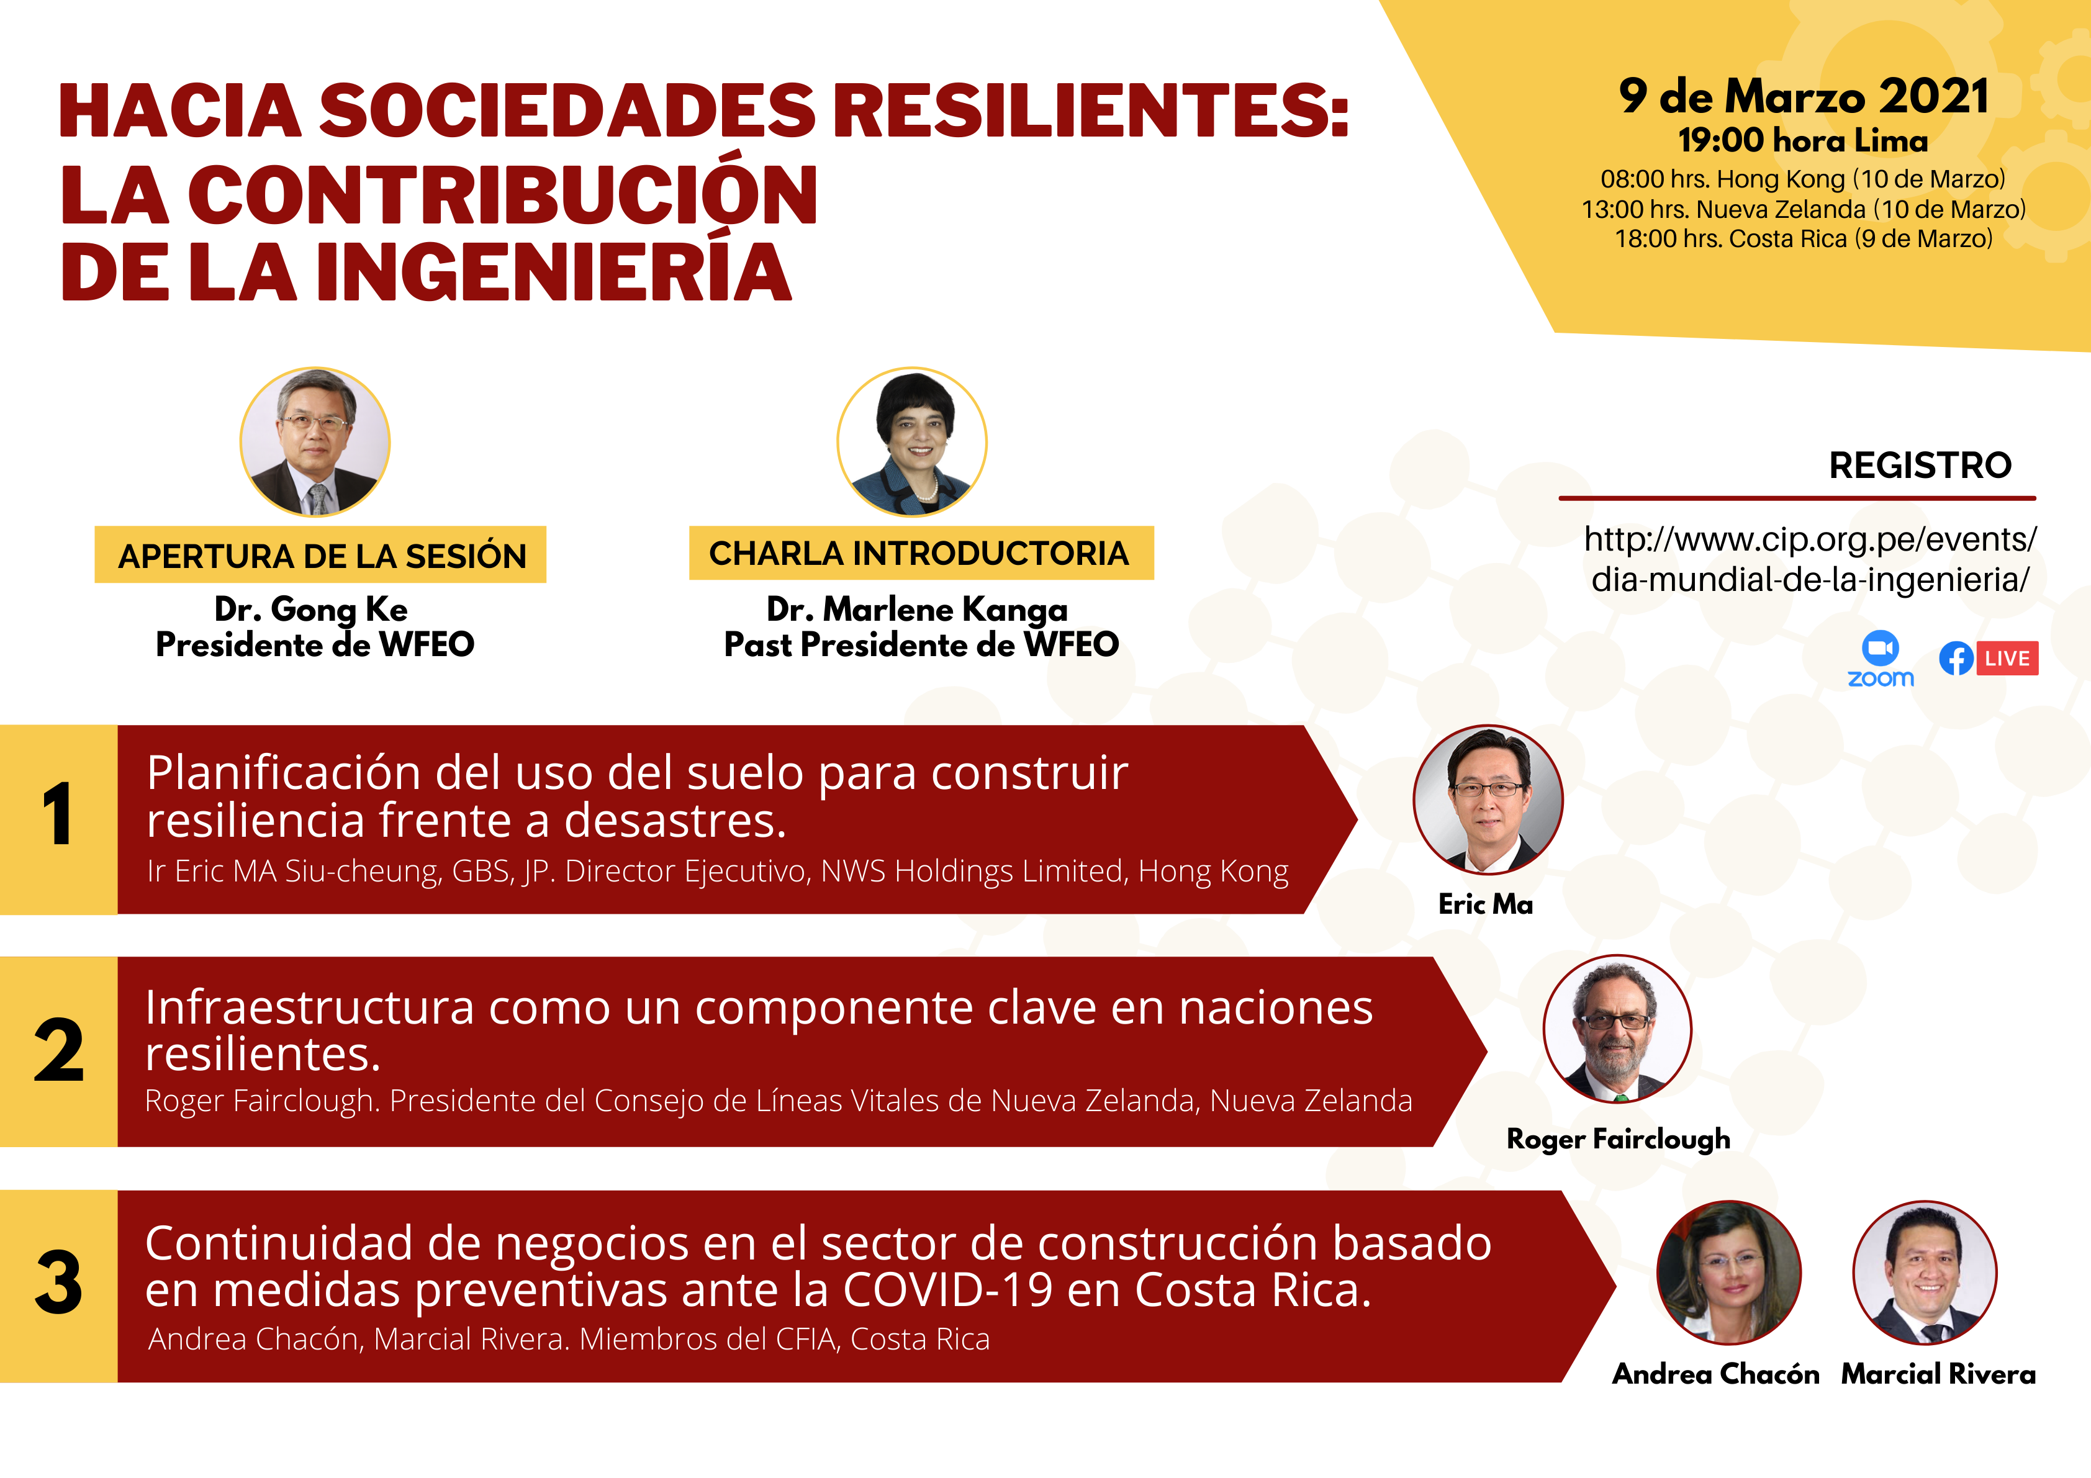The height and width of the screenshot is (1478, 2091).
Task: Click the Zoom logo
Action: point(1881,659)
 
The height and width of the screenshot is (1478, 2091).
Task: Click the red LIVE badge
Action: point(2007,659)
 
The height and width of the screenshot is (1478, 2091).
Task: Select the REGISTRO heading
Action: point(1920,466)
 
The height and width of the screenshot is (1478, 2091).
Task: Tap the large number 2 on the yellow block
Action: point(58,1050)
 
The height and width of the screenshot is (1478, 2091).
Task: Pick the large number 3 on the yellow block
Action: point(58,1282)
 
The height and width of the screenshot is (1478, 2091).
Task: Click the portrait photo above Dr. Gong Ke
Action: point(315,442)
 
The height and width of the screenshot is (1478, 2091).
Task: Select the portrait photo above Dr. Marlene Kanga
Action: point(911,442)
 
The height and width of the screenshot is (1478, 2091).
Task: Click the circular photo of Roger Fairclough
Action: point(1617,1029)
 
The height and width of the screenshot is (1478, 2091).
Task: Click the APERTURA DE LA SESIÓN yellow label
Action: point(320,554)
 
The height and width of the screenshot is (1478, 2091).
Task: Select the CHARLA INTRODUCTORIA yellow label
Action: point(921,552)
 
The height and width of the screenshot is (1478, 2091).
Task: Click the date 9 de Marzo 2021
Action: point(1803,97)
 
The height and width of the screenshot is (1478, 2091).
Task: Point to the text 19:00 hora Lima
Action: point(1803,141)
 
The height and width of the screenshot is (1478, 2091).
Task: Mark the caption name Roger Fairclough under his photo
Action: point(1619,1139)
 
